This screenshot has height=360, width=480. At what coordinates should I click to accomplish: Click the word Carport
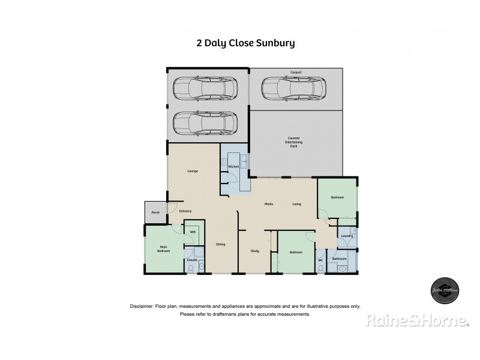(x=296, y=72)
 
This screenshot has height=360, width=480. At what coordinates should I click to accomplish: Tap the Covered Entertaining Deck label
(x=293, y=142)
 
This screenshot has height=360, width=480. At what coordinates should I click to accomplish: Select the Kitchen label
(x=233, y=166)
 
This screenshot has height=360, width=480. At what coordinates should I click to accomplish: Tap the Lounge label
(x=193, y=171)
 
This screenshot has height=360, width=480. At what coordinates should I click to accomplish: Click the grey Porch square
(x=155, y=212)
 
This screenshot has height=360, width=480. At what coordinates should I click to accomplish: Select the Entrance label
(x=185, y=211)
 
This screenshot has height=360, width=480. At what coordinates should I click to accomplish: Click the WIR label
(x=193, y=232)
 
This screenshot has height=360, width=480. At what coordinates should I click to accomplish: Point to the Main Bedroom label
(x=163, y=249)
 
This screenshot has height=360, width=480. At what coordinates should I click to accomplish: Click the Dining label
(x=221, y=244)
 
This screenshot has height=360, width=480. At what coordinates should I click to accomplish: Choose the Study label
(x=255, y=250)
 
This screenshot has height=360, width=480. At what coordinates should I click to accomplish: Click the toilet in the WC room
(x=321, y=268)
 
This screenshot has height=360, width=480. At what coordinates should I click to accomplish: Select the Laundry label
(x=347, y=236)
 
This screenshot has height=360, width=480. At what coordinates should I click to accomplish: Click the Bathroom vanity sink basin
(x=343, y=269)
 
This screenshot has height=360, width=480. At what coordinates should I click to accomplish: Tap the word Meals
(x=269, y=205)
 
